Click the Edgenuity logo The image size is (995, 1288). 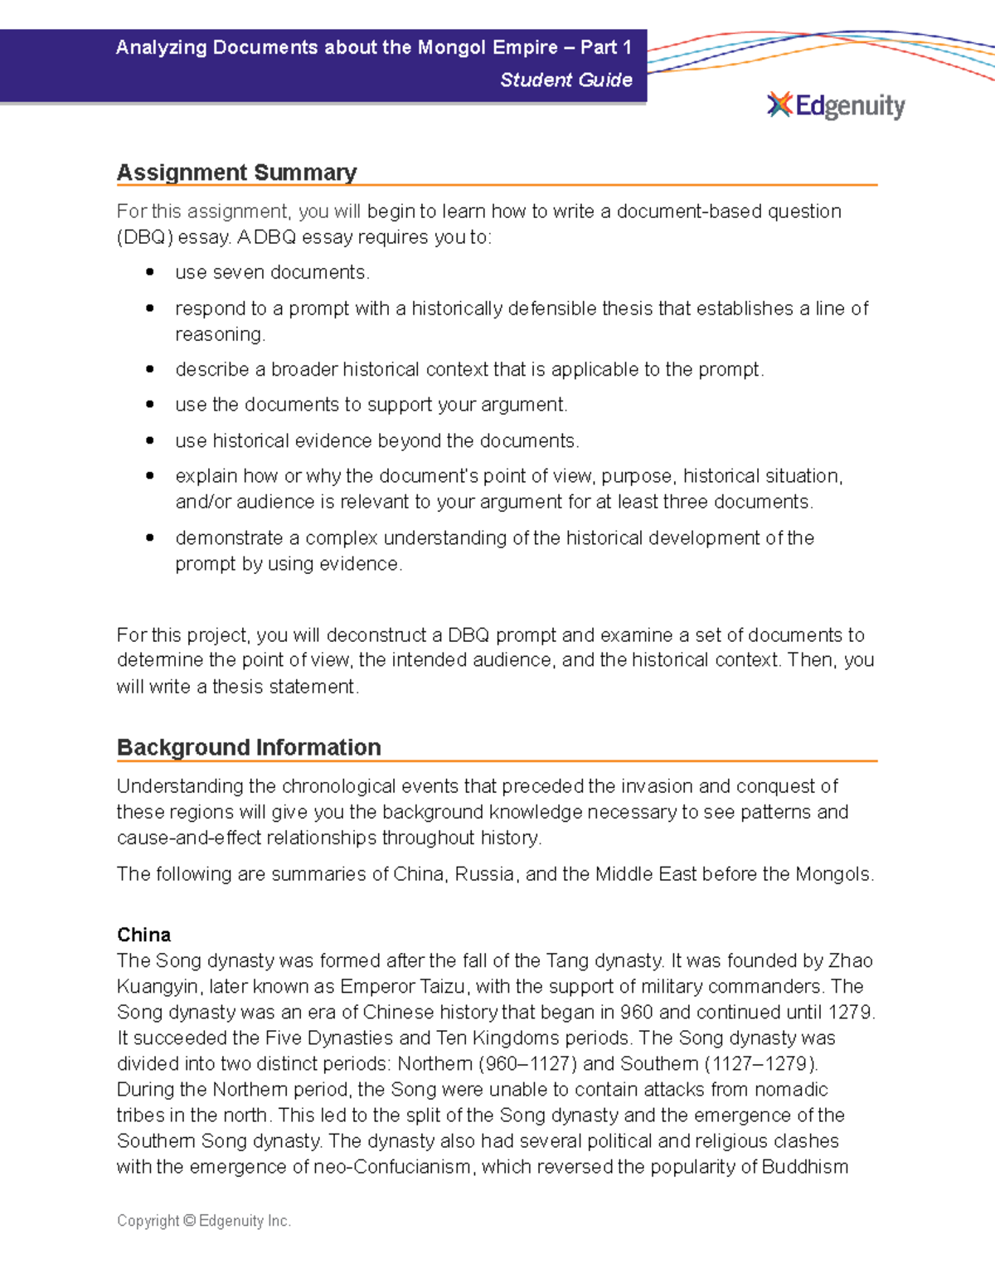tap(836, 106)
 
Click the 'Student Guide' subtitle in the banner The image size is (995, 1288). tap(565, 80)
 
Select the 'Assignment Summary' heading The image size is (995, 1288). tap(236, 173)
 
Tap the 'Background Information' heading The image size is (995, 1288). tap(249, 747)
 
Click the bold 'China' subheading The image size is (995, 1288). tap(143, 935)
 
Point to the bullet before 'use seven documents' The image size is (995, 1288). tap(150, 272)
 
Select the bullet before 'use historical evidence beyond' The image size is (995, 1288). tap(150, 440)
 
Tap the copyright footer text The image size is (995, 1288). tap(204, 1221)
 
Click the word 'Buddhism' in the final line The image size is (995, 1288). tap(804, 1167)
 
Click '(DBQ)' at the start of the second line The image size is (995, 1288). tap(145, 237)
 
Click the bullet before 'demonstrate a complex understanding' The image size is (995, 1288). tap(150, 537)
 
